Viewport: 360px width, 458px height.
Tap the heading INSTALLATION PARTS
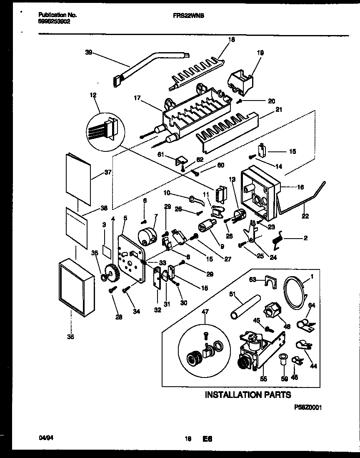(x=247, y=395)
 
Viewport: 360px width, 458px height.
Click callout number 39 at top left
(x=88, y=53)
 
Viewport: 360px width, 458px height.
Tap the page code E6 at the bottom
(x=207, y=439)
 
